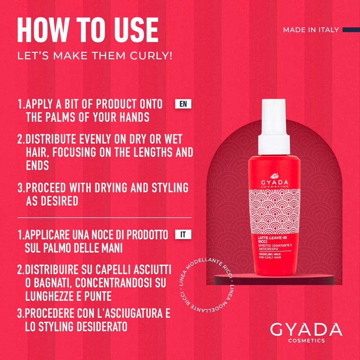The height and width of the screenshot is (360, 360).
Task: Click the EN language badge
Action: pos(183,104)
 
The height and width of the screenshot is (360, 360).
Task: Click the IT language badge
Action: pos(183,235)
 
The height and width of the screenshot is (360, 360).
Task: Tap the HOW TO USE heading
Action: pos(88,30)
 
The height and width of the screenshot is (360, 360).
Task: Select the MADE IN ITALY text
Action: pos(311,30)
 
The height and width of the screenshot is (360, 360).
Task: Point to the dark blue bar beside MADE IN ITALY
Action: pos(351,30)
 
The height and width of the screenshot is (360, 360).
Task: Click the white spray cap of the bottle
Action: pos(274,127)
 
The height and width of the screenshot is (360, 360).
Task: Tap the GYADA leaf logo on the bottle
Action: pos(274,176)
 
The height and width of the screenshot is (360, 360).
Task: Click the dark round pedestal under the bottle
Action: pos(274,279)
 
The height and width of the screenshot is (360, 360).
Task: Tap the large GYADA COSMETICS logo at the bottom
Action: pos(306,331)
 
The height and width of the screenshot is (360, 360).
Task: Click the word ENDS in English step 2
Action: pos(37,166)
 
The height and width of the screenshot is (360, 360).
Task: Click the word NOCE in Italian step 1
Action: pos(106,235)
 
